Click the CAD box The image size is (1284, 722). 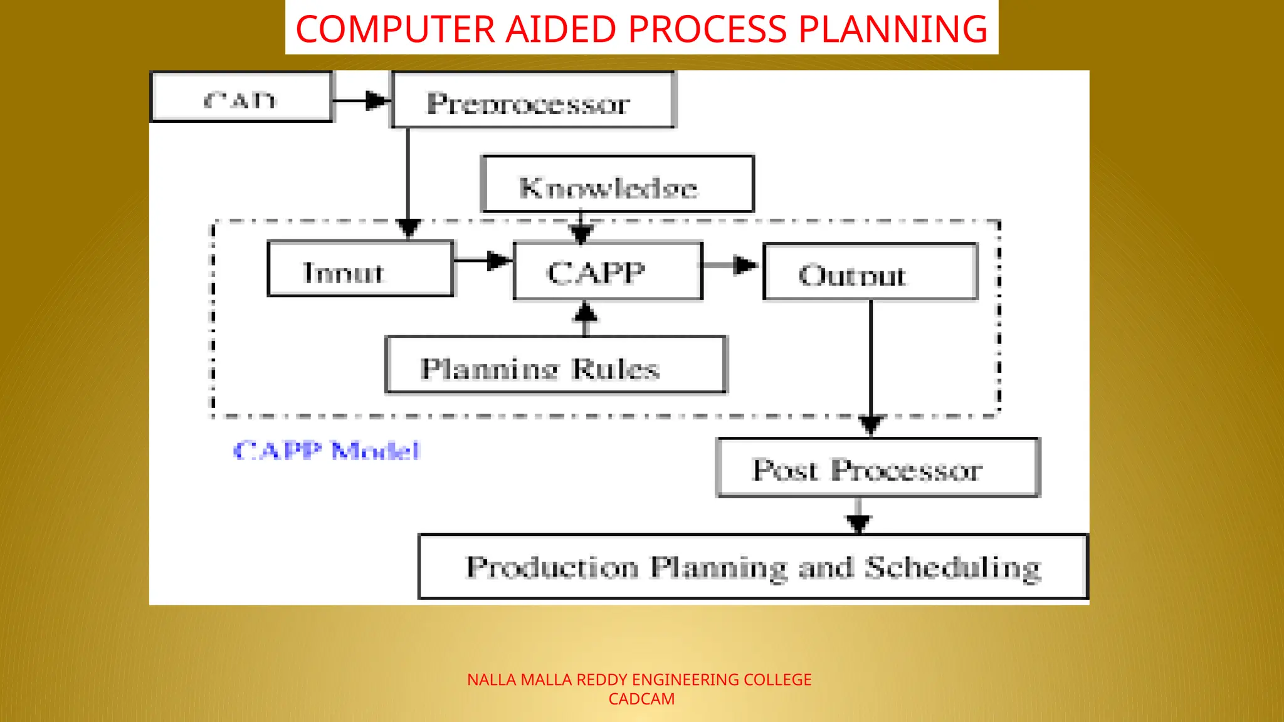point(241,97)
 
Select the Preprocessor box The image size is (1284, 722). point(533,100)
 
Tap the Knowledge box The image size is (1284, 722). point(618,184)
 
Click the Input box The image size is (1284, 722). point(360,269)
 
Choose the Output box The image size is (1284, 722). point(870,273)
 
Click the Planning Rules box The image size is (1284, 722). point(555,365)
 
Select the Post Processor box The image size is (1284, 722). point(878,468)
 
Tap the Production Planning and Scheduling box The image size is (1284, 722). point(752,567)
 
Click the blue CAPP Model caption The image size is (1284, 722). point(326,451)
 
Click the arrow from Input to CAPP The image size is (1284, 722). point(483,260)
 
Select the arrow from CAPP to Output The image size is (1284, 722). point(730,266)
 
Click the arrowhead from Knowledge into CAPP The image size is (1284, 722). point(581,234)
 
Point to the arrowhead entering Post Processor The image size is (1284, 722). point(871,425)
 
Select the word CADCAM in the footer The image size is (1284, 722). point(641,699)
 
